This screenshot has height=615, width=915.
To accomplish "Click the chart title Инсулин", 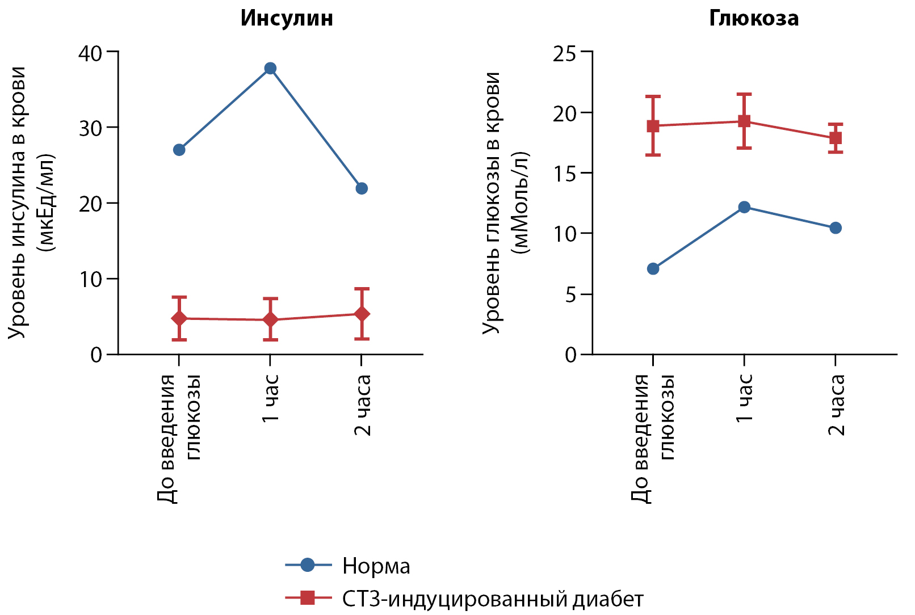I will pyautogui.click(x=287, y=18).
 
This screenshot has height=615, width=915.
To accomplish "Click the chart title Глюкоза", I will pyautogui.click(x=754, y=18).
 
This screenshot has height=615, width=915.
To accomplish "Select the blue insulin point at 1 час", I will pyautogui.click(x=270, y=69).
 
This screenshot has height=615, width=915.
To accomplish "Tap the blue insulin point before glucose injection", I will pyautogui.click(x=179, y=150).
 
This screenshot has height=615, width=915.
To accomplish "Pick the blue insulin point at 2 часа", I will pyautogui.click(x=362, y=188).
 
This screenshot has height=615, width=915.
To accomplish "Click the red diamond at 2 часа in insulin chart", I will pyautogui.click(x=362, y=314).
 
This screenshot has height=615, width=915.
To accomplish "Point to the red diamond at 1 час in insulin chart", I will pyautogui.click(x=270, y=320).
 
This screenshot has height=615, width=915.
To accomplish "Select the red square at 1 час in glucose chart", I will pyautogui.click(x=744, y=121).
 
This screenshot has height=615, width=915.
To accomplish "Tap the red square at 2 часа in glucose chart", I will pyautogui.click(x=836, y=138).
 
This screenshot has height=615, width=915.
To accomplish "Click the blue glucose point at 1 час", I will pyautogui.click(x=744, y=207).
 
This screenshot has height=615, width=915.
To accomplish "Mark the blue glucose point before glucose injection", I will pyautogui.click(x=653, y=268).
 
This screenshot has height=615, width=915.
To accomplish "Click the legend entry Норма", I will pyautogui.click(x=376, y=566).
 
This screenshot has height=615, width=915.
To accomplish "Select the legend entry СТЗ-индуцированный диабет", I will pyautogui.click(x=493, y=599).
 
